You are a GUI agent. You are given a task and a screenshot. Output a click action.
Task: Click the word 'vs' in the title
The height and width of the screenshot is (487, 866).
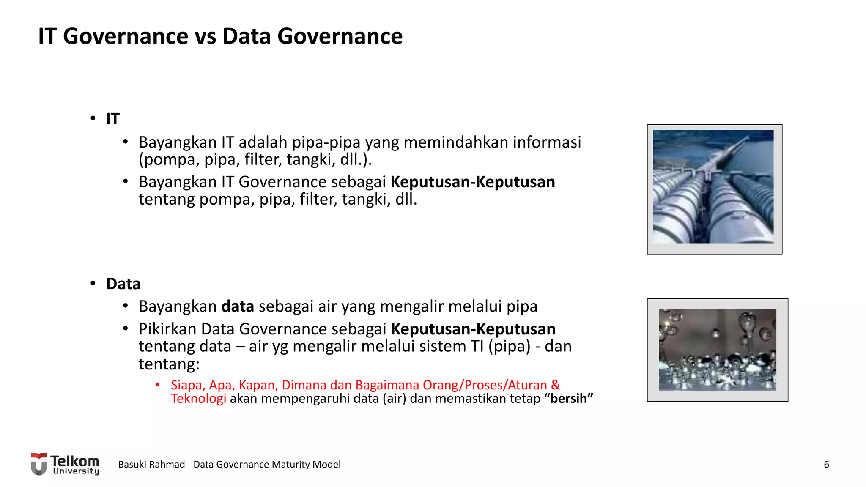[x=206, y=36]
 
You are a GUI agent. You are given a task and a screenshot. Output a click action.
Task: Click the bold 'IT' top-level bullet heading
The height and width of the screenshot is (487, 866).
[x=112, y=119]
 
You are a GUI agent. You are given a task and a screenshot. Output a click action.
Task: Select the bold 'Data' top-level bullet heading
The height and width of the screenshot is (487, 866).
[x=123, y=284]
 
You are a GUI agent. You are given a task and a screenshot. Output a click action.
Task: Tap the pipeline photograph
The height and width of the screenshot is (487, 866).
[x=714, y=187]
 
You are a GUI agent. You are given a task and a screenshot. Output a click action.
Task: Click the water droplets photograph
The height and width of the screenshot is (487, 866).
[x=717, y=350]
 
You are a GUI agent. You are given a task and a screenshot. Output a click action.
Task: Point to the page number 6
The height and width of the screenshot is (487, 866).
[x=826, y=465]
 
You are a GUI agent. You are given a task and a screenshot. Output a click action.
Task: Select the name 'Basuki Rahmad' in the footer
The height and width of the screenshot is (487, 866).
[x=151, y=465]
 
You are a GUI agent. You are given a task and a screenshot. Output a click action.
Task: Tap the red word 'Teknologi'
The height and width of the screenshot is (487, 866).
[x=198, y=399]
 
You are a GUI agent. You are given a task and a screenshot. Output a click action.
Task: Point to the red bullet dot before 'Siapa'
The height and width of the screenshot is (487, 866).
[x=157, y=385]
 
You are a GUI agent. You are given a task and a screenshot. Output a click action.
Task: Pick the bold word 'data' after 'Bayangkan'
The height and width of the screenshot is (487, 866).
[x=238, y=306]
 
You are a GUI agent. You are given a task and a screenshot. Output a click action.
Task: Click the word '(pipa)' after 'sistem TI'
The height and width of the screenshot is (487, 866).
[x=509, y=346]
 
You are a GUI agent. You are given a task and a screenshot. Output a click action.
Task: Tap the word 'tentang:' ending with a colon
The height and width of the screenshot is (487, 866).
[x=169, y=364]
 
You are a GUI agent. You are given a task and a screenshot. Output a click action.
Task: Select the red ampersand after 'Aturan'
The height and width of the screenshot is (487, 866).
[x=555, y=385]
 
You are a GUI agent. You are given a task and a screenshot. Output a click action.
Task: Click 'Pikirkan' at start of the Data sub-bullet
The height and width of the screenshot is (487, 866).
[x=167, y=329]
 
